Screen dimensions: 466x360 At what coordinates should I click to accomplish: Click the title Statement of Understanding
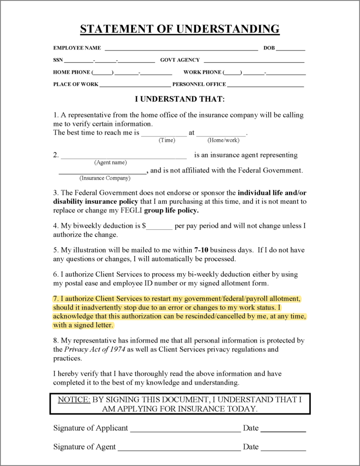coord(180,29)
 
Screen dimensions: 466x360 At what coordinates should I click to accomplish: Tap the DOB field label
coord(269,48)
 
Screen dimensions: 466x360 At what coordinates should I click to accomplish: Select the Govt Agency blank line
coord(254,61)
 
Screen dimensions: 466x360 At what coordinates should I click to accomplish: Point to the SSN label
coord(58,60)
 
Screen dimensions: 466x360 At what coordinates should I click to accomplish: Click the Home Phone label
coord(71,72)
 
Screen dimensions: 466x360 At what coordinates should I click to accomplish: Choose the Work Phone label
coord(202,72)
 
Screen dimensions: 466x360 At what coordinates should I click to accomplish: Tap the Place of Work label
coord(76,84)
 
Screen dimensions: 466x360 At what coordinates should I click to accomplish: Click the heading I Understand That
coord(180,99)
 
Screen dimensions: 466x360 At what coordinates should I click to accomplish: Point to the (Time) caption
coord(167,140)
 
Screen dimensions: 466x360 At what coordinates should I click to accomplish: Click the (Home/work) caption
coord(223,140)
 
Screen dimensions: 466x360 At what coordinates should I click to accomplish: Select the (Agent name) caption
coord(111,162)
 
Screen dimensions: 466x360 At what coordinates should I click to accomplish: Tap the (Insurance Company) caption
coord(105,178)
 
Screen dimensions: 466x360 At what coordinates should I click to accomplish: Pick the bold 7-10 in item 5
coord(202,250)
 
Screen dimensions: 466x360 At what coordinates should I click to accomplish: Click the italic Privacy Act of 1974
coord(94,349)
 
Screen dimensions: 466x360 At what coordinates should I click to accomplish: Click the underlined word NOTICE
coord(74,400)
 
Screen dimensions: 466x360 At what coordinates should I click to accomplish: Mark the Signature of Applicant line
coord(185,429)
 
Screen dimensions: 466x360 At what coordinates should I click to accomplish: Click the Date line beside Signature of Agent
coord(283,448)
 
